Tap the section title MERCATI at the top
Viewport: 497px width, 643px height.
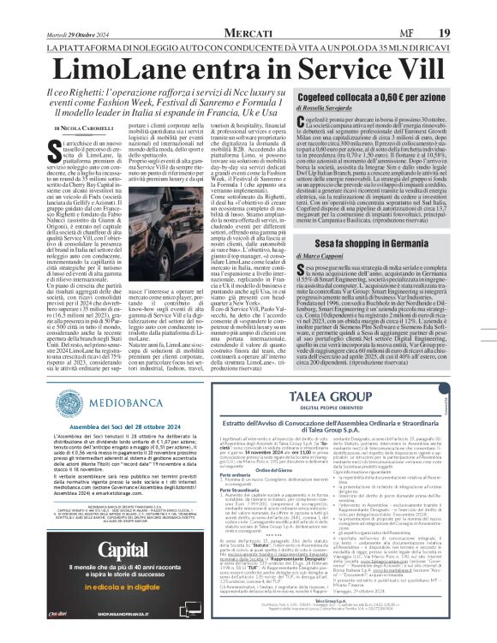tap(249, 9)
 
